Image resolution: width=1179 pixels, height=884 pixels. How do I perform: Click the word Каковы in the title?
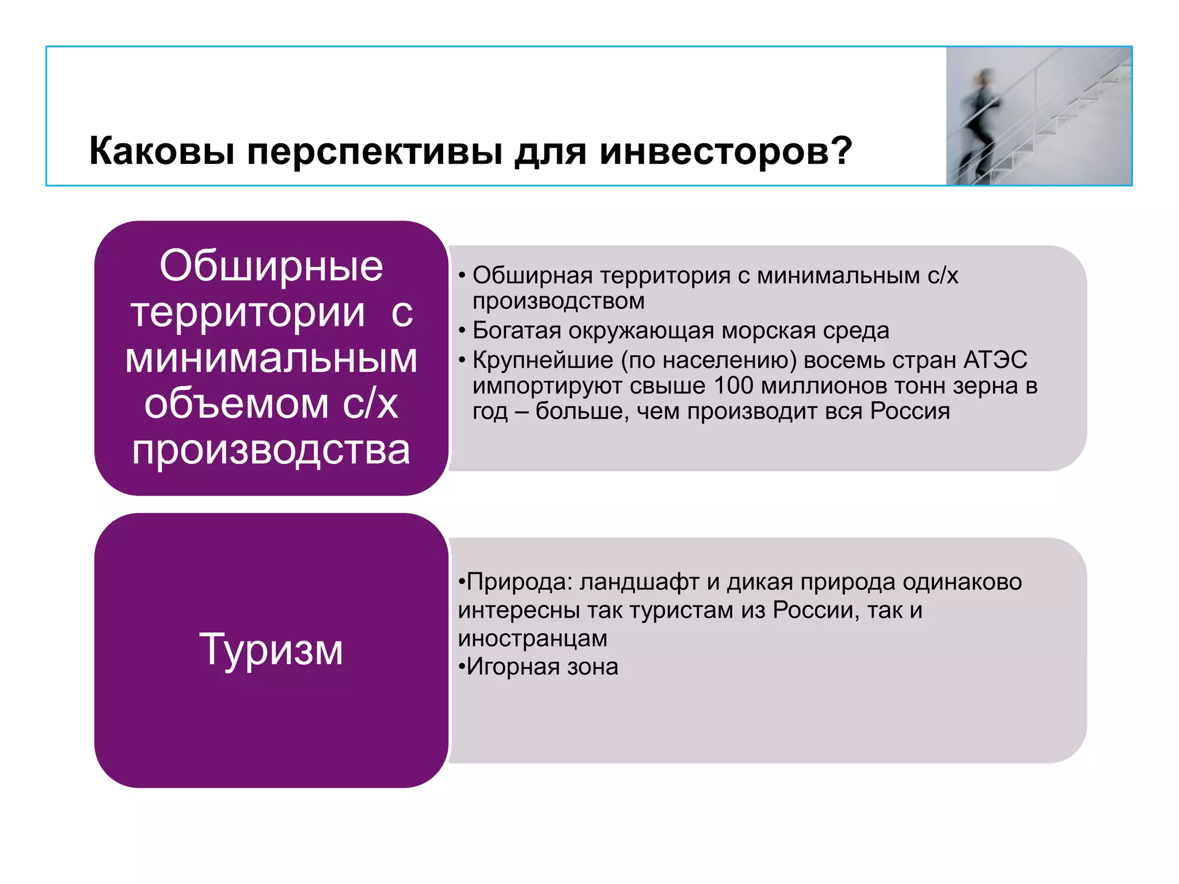162,151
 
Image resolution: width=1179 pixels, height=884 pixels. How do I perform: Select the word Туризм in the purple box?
271,650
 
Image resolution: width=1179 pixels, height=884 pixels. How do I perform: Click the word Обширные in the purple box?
271,266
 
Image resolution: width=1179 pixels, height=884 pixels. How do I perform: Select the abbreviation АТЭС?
995,360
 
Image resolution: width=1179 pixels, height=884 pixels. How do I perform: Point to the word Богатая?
516,331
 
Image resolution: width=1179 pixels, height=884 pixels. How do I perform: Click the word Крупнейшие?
543,360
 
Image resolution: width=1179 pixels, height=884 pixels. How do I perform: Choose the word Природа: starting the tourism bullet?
519,582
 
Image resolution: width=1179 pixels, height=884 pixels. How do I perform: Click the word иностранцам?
533,638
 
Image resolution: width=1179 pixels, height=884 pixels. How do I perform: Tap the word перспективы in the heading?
375,151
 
